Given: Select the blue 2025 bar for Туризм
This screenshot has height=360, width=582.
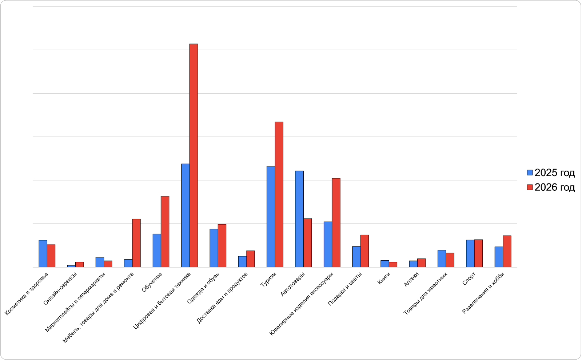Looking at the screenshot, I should click(271, 217).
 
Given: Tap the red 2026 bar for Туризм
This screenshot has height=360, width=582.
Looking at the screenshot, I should click(279, 194).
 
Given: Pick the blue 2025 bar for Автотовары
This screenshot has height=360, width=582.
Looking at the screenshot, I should click(299, 219).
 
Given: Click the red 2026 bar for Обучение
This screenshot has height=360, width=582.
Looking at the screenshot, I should click(165, 232).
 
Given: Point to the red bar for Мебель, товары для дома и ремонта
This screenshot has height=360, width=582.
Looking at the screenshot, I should click(136, 243).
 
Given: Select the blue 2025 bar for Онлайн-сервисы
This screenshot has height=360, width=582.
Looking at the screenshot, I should click(71, 266).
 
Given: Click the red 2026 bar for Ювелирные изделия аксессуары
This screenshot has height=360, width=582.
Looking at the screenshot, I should click(336, 222).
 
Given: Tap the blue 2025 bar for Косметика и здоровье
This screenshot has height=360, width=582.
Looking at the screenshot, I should click(43, 253).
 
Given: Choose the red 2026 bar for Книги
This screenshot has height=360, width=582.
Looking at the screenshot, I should click(393, 265).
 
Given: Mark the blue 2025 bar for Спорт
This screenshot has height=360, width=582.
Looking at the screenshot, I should click(470, 253).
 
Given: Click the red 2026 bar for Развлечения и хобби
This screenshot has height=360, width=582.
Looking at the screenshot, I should click(507, 251).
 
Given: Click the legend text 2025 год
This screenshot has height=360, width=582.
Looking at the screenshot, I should click(554, 173).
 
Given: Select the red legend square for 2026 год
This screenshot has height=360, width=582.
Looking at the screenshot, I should click(530, 187).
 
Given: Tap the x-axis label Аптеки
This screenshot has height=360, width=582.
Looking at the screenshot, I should click(411, 279).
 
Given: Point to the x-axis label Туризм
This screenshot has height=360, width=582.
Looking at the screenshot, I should click(268, 280).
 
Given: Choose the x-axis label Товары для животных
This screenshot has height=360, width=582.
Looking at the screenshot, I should click(425, 293).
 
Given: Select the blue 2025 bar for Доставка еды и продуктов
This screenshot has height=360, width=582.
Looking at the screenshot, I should click(242, 261).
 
